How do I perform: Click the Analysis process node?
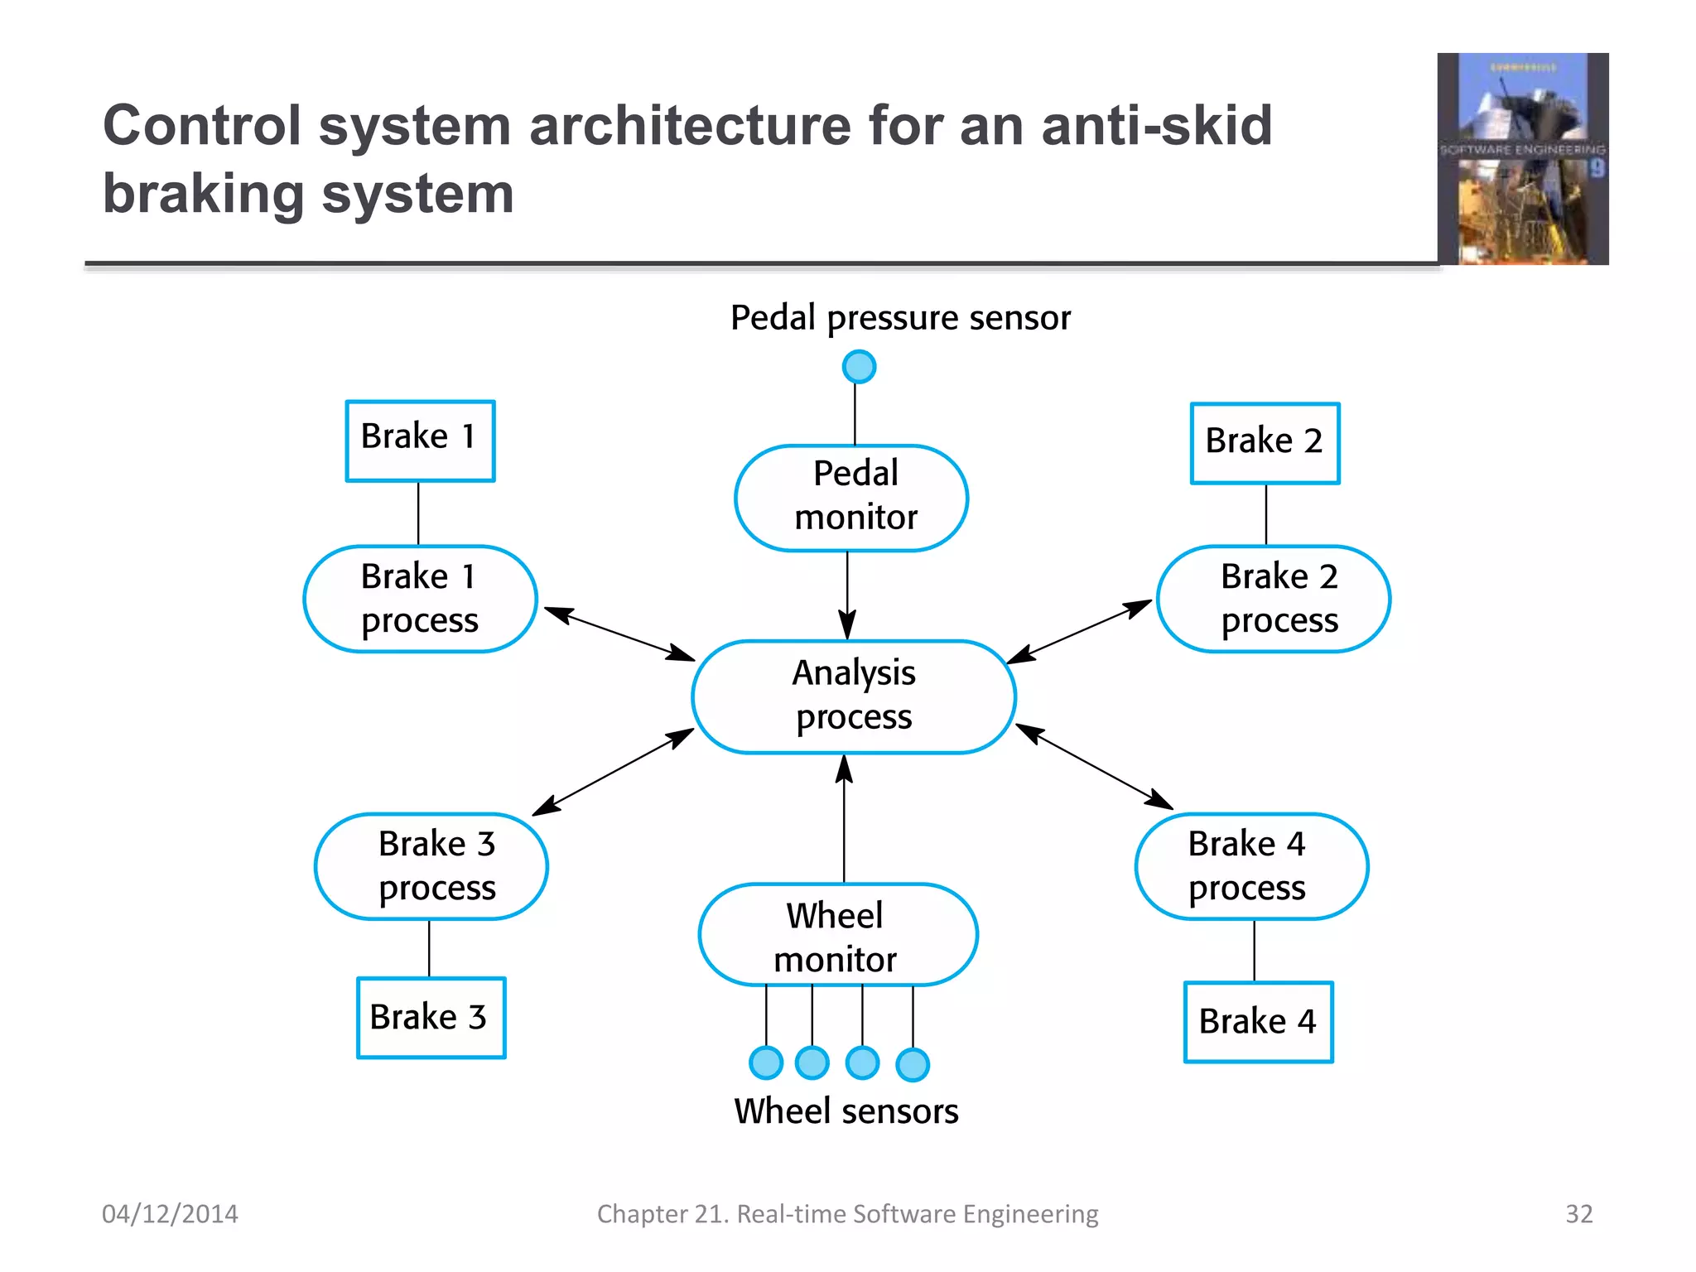point(854,696)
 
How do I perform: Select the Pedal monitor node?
point(851,498)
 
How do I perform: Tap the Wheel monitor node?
point(838,935)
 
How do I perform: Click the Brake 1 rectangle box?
point(420,441)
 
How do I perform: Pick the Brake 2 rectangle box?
point(1265,443)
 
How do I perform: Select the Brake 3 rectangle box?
point(431,1018)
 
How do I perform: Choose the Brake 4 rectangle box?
point(1258,1022)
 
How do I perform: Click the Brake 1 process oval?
point(421,599)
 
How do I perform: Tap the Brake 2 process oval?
point(1273,599)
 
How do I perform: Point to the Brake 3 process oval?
point(431,866)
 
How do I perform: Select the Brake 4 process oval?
point(1251,866)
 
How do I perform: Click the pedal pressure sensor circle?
point(859,367)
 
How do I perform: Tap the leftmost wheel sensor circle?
point(766,1062)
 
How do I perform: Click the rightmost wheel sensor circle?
point(913,1065)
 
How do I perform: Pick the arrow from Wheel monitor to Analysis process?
point(844,820)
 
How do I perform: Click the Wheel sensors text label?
point(846,1111)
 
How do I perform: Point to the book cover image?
point(1523,159)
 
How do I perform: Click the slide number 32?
point(1578,1214)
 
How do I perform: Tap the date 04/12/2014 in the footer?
point(170,1214)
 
